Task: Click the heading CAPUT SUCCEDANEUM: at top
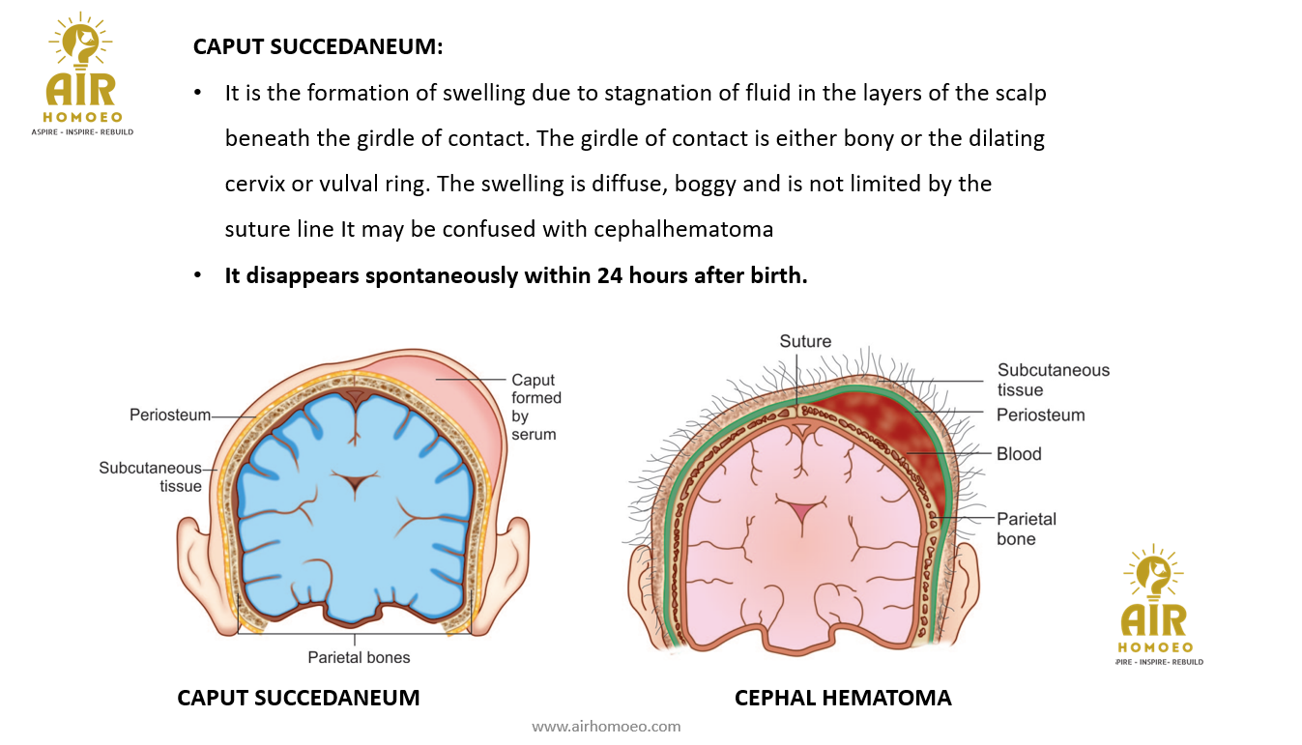pos(318,46)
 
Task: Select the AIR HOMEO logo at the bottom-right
pos(1155,606)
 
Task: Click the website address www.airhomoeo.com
pos(606,726)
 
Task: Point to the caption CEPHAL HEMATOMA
pos(843,698)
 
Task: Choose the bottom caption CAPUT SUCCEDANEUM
pos(298,698)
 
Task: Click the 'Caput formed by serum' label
pos(535,407)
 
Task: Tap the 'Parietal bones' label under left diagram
pos(359,657)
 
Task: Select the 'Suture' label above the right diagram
pos(805,341)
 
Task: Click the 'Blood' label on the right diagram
pos(1019,453)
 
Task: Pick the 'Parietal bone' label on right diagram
pos(1027,529)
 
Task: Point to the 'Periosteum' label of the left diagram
pos(170,415)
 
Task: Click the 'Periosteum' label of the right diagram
pos(1041,415)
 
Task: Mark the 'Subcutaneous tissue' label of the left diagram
pos(151,477)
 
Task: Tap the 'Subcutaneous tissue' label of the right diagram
pos(1054,380)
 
